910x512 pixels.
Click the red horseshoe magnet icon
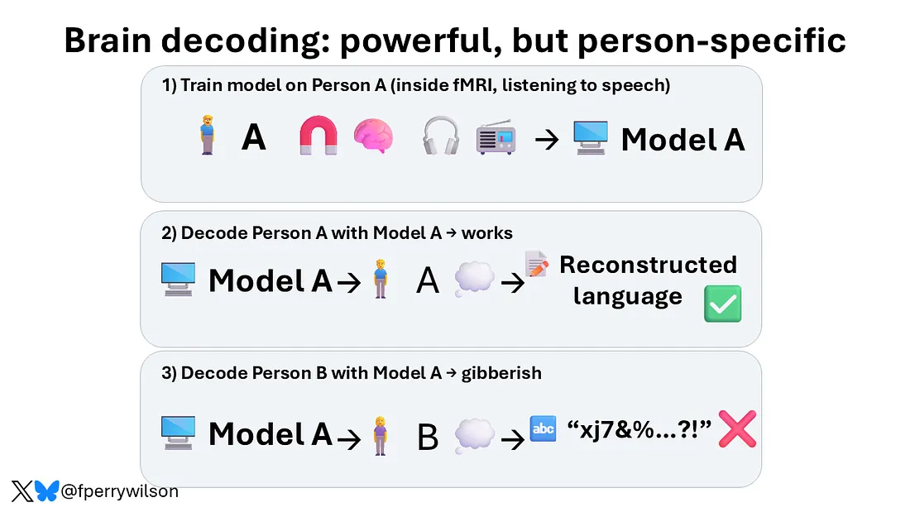(318, 136)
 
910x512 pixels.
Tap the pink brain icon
(373, 136)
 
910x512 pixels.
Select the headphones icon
(441, 136)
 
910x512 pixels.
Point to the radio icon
(496, 137)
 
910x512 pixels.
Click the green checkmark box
(722, 304)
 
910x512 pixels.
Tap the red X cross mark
(737, 429)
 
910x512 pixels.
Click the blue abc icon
(544, 429)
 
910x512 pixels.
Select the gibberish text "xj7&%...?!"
(639, 430)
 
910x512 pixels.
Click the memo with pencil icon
(537, 264)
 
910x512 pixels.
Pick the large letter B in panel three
(428, 438)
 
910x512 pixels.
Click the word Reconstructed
(649, 265)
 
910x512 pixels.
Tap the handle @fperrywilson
(120, 491)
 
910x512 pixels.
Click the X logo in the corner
(22, 491)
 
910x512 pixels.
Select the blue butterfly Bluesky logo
(47, 491)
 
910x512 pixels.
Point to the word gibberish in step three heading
(501, 373)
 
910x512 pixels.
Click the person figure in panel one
(207, 135)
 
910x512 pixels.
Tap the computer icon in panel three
(178, 433)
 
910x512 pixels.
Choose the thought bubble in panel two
(474, 279)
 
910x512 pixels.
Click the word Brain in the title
(108, 41)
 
